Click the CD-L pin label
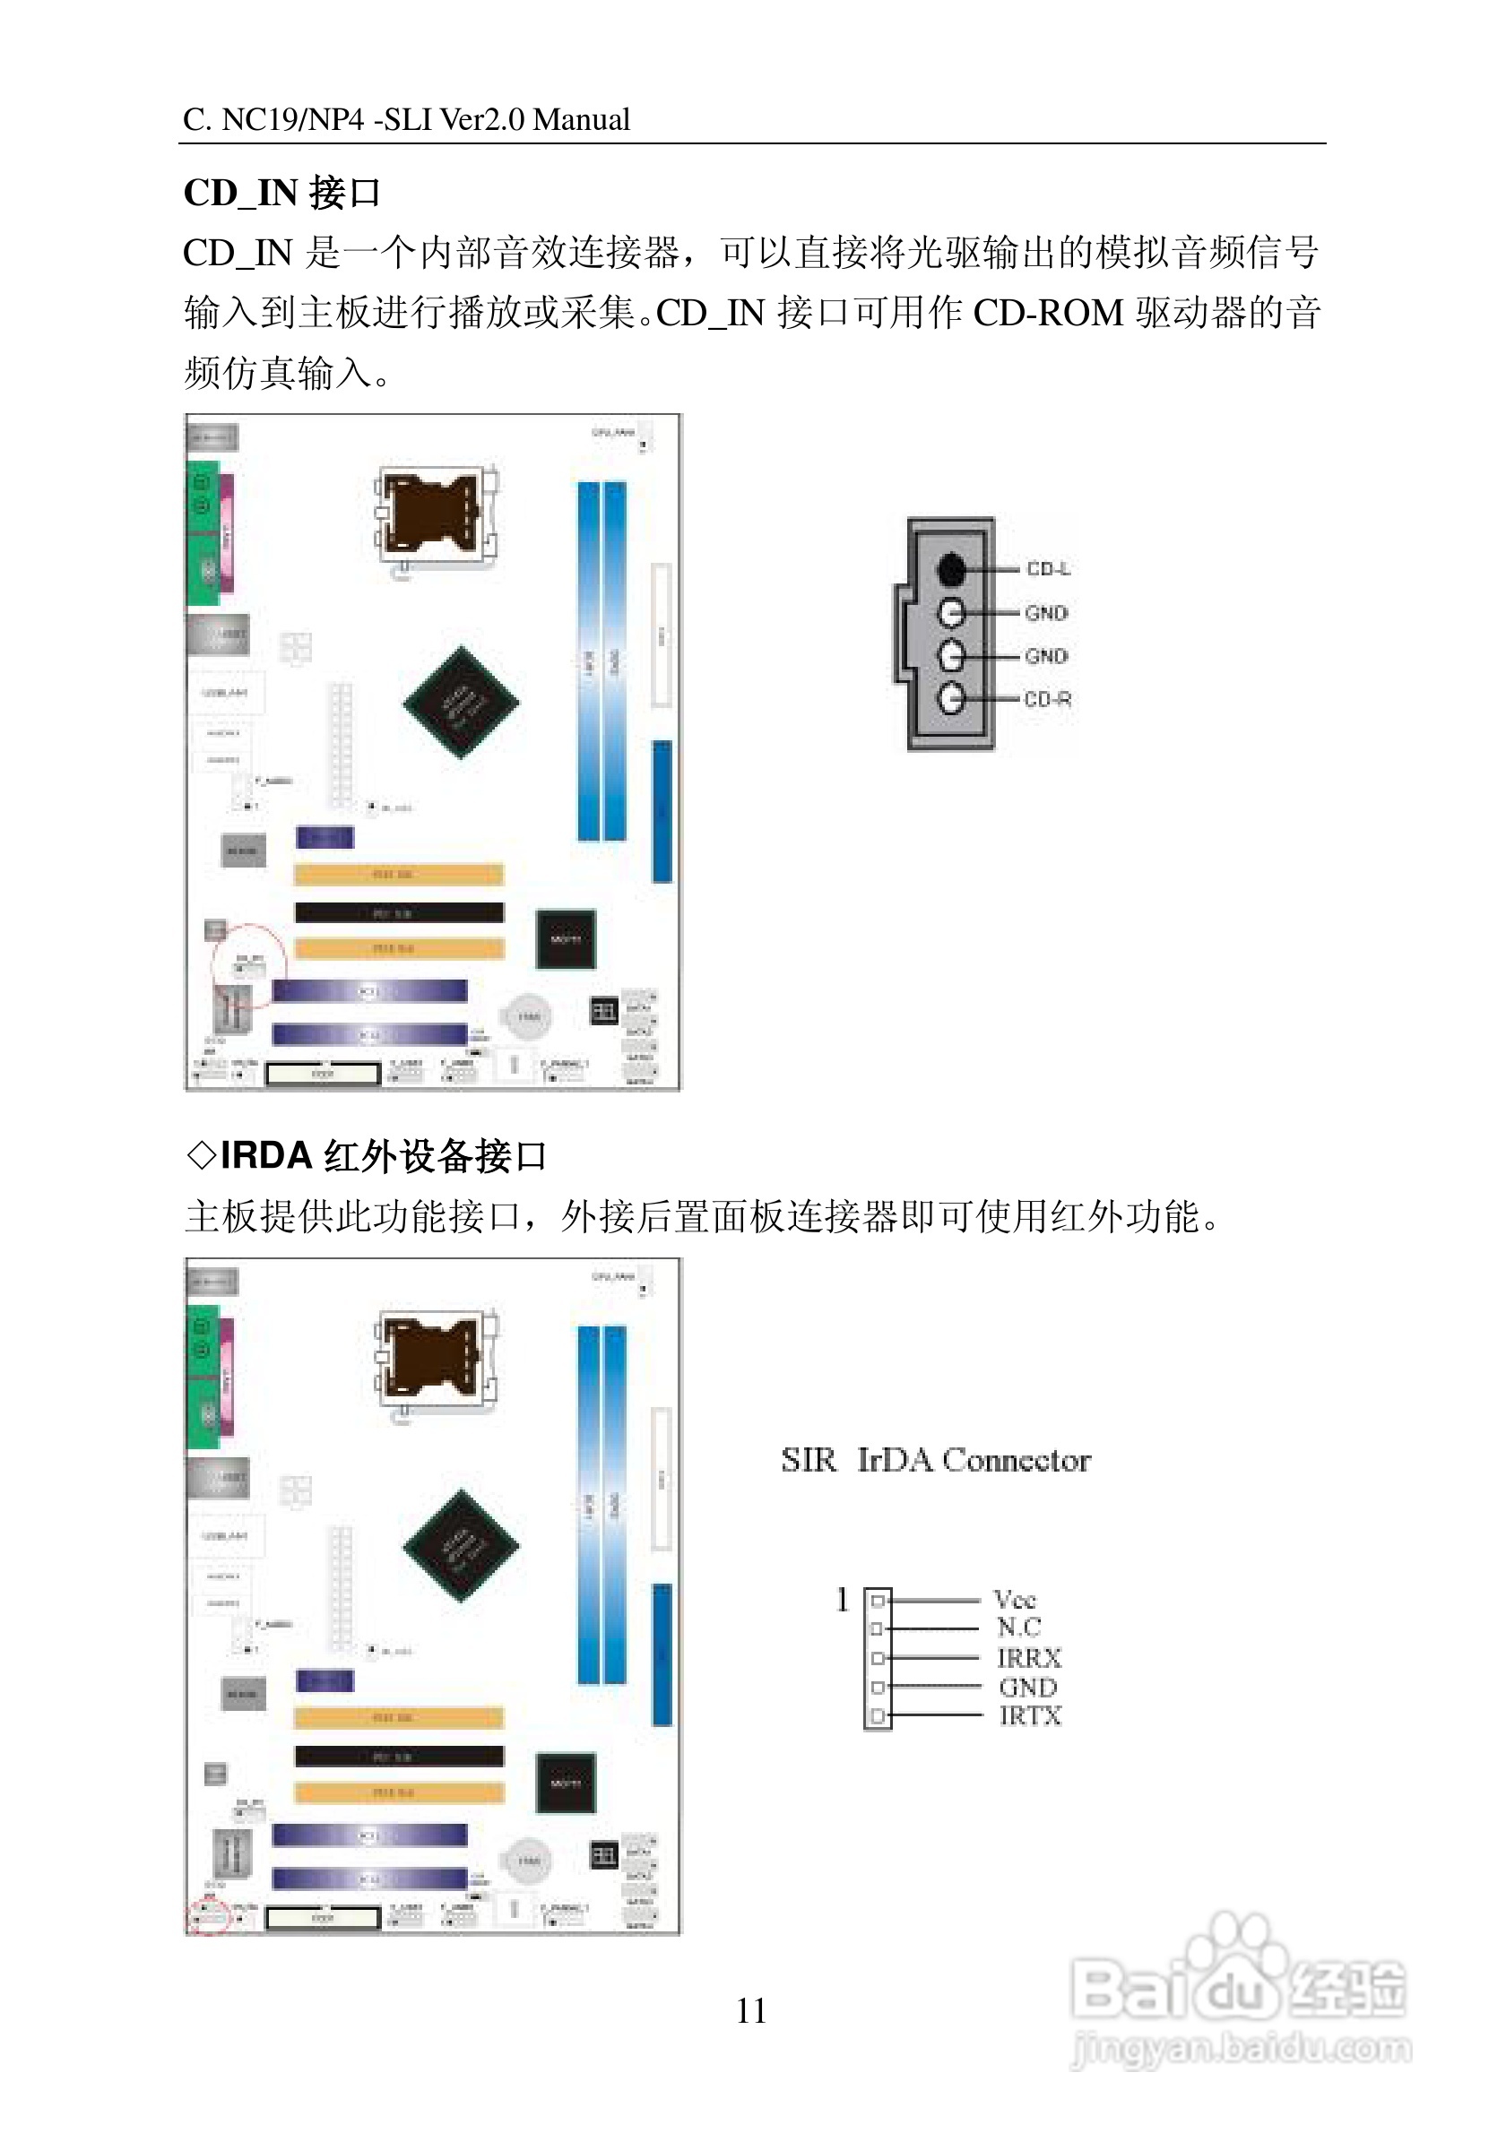pyautogui.click(x=1047, y=568)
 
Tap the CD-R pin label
pyautogui.click(x=1047, y=699)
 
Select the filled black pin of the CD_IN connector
pyautogui.click(x=950, y=568)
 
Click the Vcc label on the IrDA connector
pyautogui.click(x=1014, y=1600)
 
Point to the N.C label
pyautogui.click(x=1018, y=1628)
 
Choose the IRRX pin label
pyautogui.click(x=1028, y=1658)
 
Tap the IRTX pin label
pyautogui.click(x=1029, y=1716)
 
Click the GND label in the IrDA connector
pyautogui.click(x=1027, y=1687)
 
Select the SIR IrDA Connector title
pyautogui.click(x=935, y=1461)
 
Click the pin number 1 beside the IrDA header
pyautogui.click(x=842, y=1600)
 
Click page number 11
pyautogui.click(x=750, y=2011)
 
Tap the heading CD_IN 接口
pyautogui.click(x=281, y=194)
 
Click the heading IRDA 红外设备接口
pyautogui.click(x=366, y=1156)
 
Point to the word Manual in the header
pyautogui.click(x=582, y=120)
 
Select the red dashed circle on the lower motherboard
pyautogui.click(x=208, y=1916)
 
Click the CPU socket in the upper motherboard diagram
pyautogui.click(x=435, y=516)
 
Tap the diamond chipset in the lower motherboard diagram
pyautogui.click(x=461, y=1546)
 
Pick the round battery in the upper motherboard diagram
pyautogui.click(x=528, y=1016)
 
